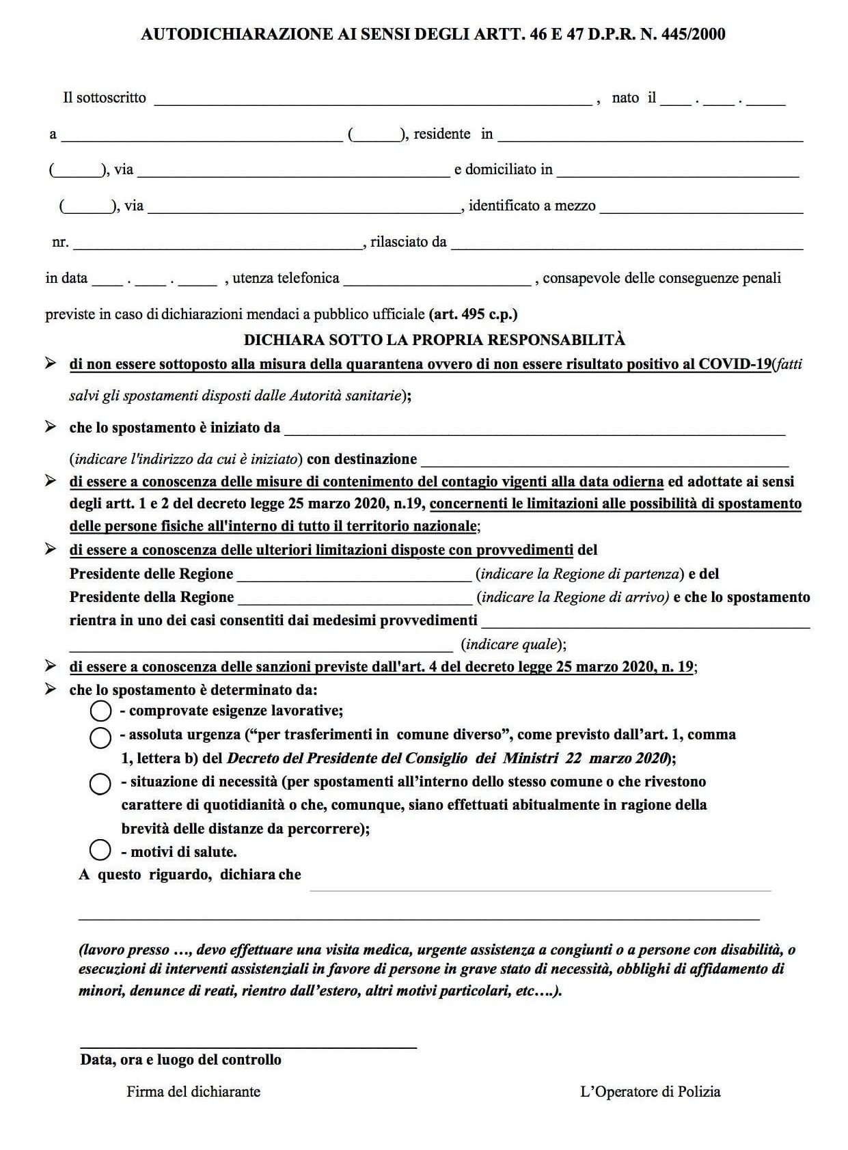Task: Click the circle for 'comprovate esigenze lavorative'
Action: click(x=100, y=711)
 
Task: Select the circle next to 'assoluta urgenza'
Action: click(x=100, y=737)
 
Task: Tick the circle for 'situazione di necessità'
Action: click(x=100, y=784)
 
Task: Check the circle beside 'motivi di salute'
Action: click(x=100, y=850)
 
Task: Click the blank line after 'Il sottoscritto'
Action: click(x=372, y=101)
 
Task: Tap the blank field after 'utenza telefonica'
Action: click(x=437, y=281)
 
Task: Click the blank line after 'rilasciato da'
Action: click(x=626, y=245)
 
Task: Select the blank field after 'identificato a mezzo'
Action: click(x=700, y=208)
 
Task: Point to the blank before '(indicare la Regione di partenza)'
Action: click(x=354, y=576)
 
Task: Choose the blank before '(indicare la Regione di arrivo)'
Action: click(x=355, y=599)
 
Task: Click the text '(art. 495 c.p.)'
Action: click(x=473, y=315)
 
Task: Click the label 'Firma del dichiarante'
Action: click(x=193, y=1092)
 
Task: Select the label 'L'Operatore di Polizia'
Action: click(x=650, y=1092)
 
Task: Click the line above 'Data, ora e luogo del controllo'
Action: click(x=248, y=1045)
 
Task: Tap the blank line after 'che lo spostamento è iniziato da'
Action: click(x=534, y=431)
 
